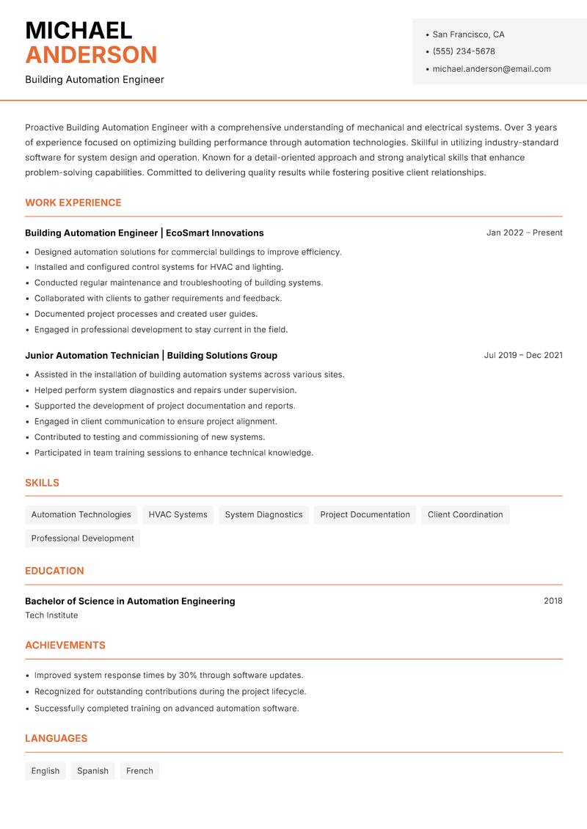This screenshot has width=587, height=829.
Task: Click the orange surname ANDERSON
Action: click(91, 55)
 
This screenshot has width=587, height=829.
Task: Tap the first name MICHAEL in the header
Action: click(79, 31)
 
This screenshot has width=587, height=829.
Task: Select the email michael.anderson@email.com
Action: click(491, 69)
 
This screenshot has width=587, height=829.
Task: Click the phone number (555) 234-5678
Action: click(463, 51)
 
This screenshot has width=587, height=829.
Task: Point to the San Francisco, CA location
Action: click(468, 34)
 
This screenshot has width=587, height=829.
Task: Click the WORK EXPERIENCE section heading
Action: click(73, 202)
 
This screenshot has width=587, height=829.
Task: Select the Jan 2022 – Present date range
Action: click(524, 233)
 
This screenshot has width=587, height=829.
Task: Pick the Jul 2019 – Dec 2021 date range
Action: click(522, 355)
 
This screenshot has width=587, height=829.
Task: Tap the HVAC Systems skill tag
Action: click(178, 514)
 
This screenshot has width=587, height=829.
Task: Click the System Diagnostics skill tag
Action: click(263, 514)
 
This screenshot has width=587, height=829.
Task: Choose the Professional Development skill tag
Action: click(82, 538)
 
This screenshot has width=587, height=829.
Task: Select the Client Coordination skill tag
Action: click(465, 514)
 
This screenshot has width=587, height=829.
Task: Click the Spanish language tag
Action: click(92, 770)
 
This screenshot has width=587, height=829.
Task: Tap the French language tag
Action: click(139, 770)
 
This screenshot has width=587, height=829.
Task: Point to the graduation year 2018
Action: click(553, 601)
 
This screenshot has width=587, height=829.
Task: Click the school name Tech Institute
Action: click(51, 616)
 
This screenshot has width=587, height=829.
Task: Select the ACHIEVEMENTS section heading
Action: click(65, 645)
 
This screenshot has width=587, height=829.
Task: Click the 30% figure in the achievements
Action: click(188, 675)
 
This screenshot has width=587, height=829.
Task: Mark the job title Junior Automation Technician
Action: click(92, 355)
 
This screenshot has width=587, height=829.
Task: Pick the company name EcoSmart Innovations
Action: click(214, 233)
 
